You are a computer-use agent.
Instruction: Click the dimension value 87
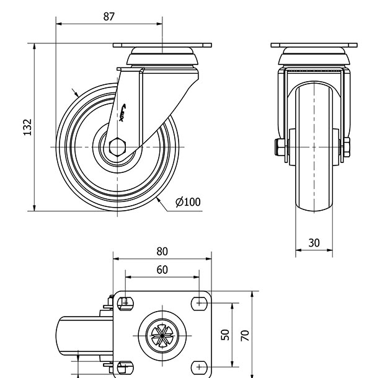(x=108, y=16)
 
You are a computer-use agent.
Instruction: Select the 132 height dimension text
(x=27, y=126)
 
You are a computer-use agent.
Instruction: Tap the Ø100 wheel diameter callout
(x=188, y=202)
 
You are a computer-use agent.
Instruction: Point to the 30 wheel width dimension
(x=314, y=243)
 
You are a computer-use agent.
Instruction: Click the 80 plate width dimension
(x=162, y=252)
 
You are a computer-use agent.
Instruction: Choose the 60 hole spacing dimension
(x=162, y=270)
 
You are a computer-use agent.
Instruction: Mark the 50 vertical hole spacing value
(x=226, y=335)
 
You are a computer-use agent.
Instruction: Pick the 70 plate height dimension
(x=246, y=335)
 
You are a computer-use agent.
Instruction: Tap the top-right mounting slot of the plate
(x=200, y=302)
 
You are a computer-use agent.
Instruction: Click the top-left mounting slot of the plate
(x=125, y=302)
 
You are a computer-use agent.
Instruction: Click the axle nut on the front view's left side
(x=278, y=147)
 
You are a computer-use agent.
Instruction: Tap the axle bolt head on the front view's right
(x=346, y=147)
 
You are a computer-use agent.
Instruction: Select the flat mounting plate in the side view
(x=162, y=46)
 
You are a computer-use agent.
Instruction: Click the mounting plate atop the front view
(x=314, y=46)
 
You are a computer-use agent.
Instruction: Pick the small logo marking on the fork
(x=123, y=113)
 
